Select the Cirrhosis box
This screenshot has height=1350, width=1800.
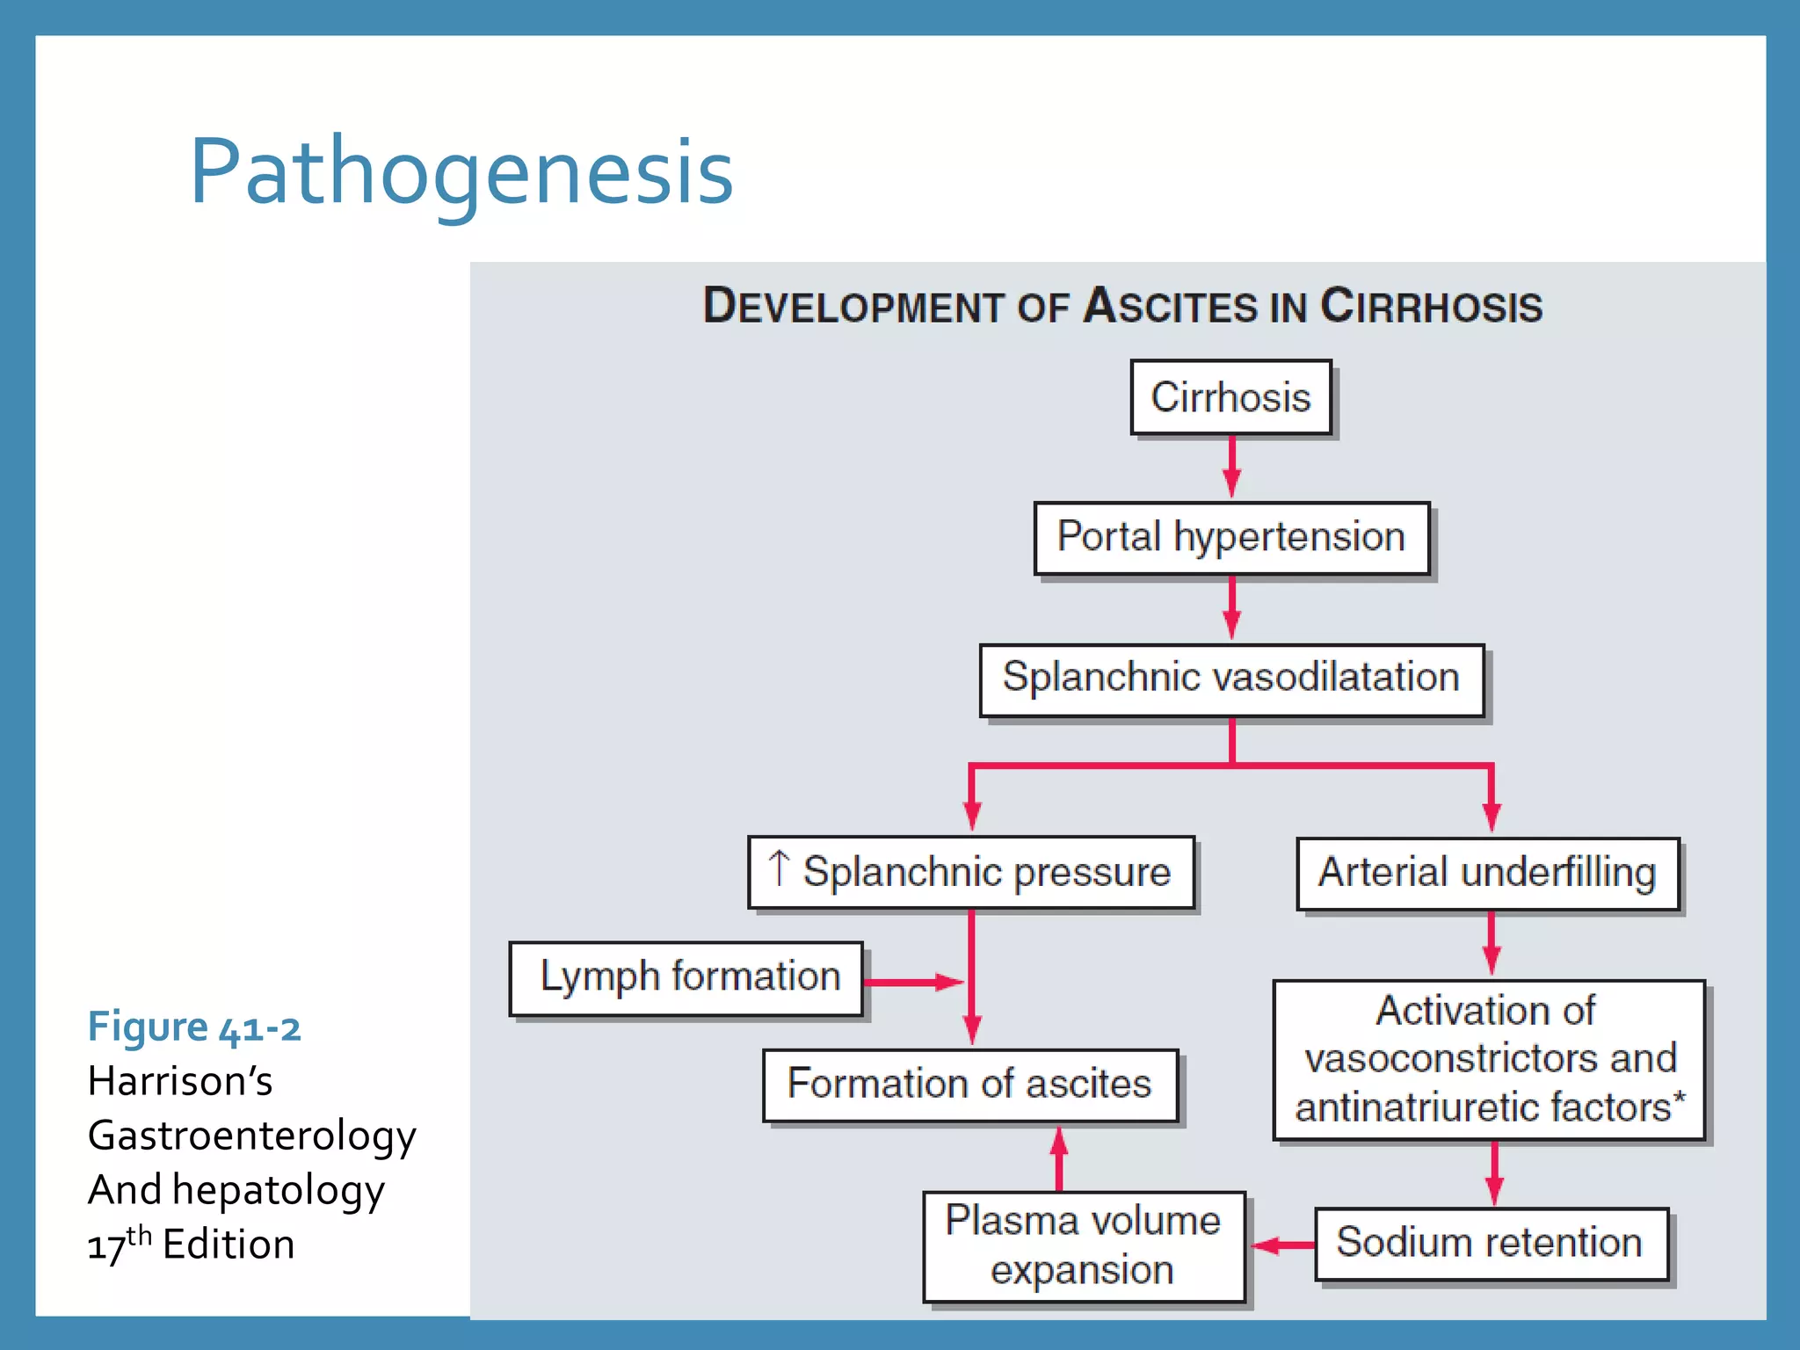click(1230, 397)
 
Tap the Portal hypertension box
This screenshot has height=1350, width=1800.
click(1231, 538)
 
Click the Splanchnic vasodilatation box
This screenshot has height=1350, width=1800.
click(1231, 679)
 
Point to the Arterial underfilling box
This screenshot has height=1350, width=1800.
click(1487, 874)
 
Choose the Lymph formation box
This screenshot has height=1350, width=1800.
click(686, 978)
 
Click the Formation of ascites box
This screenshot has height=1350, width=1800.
click(969, 1085)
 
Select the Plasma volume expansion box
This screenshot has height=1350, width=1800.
click(1083, 1245)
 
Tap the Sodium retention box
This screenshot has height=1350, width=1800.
click(1491, 1244)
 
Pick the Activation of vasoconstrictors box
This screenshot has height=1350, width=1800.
click(1489, 1060)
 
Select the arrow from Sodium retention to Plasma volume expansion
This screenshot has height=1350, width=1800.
click(1281, 1245)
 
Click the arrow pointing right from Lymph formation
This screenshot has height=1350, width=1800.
click(914, 982)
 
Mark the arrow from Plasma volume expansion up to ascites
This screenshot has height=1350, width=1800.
click(1059, 1158)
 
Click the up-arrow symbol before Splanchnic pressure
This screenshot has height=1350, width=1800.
click(779, 868)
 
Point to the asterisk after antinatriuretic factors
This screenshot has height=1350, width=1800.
click(1680, 1098)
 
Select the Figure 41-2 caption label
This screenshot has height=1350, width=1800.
click(194, 1027)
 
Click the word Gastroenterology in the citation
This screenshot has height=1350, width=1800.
click(252, 1136)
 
